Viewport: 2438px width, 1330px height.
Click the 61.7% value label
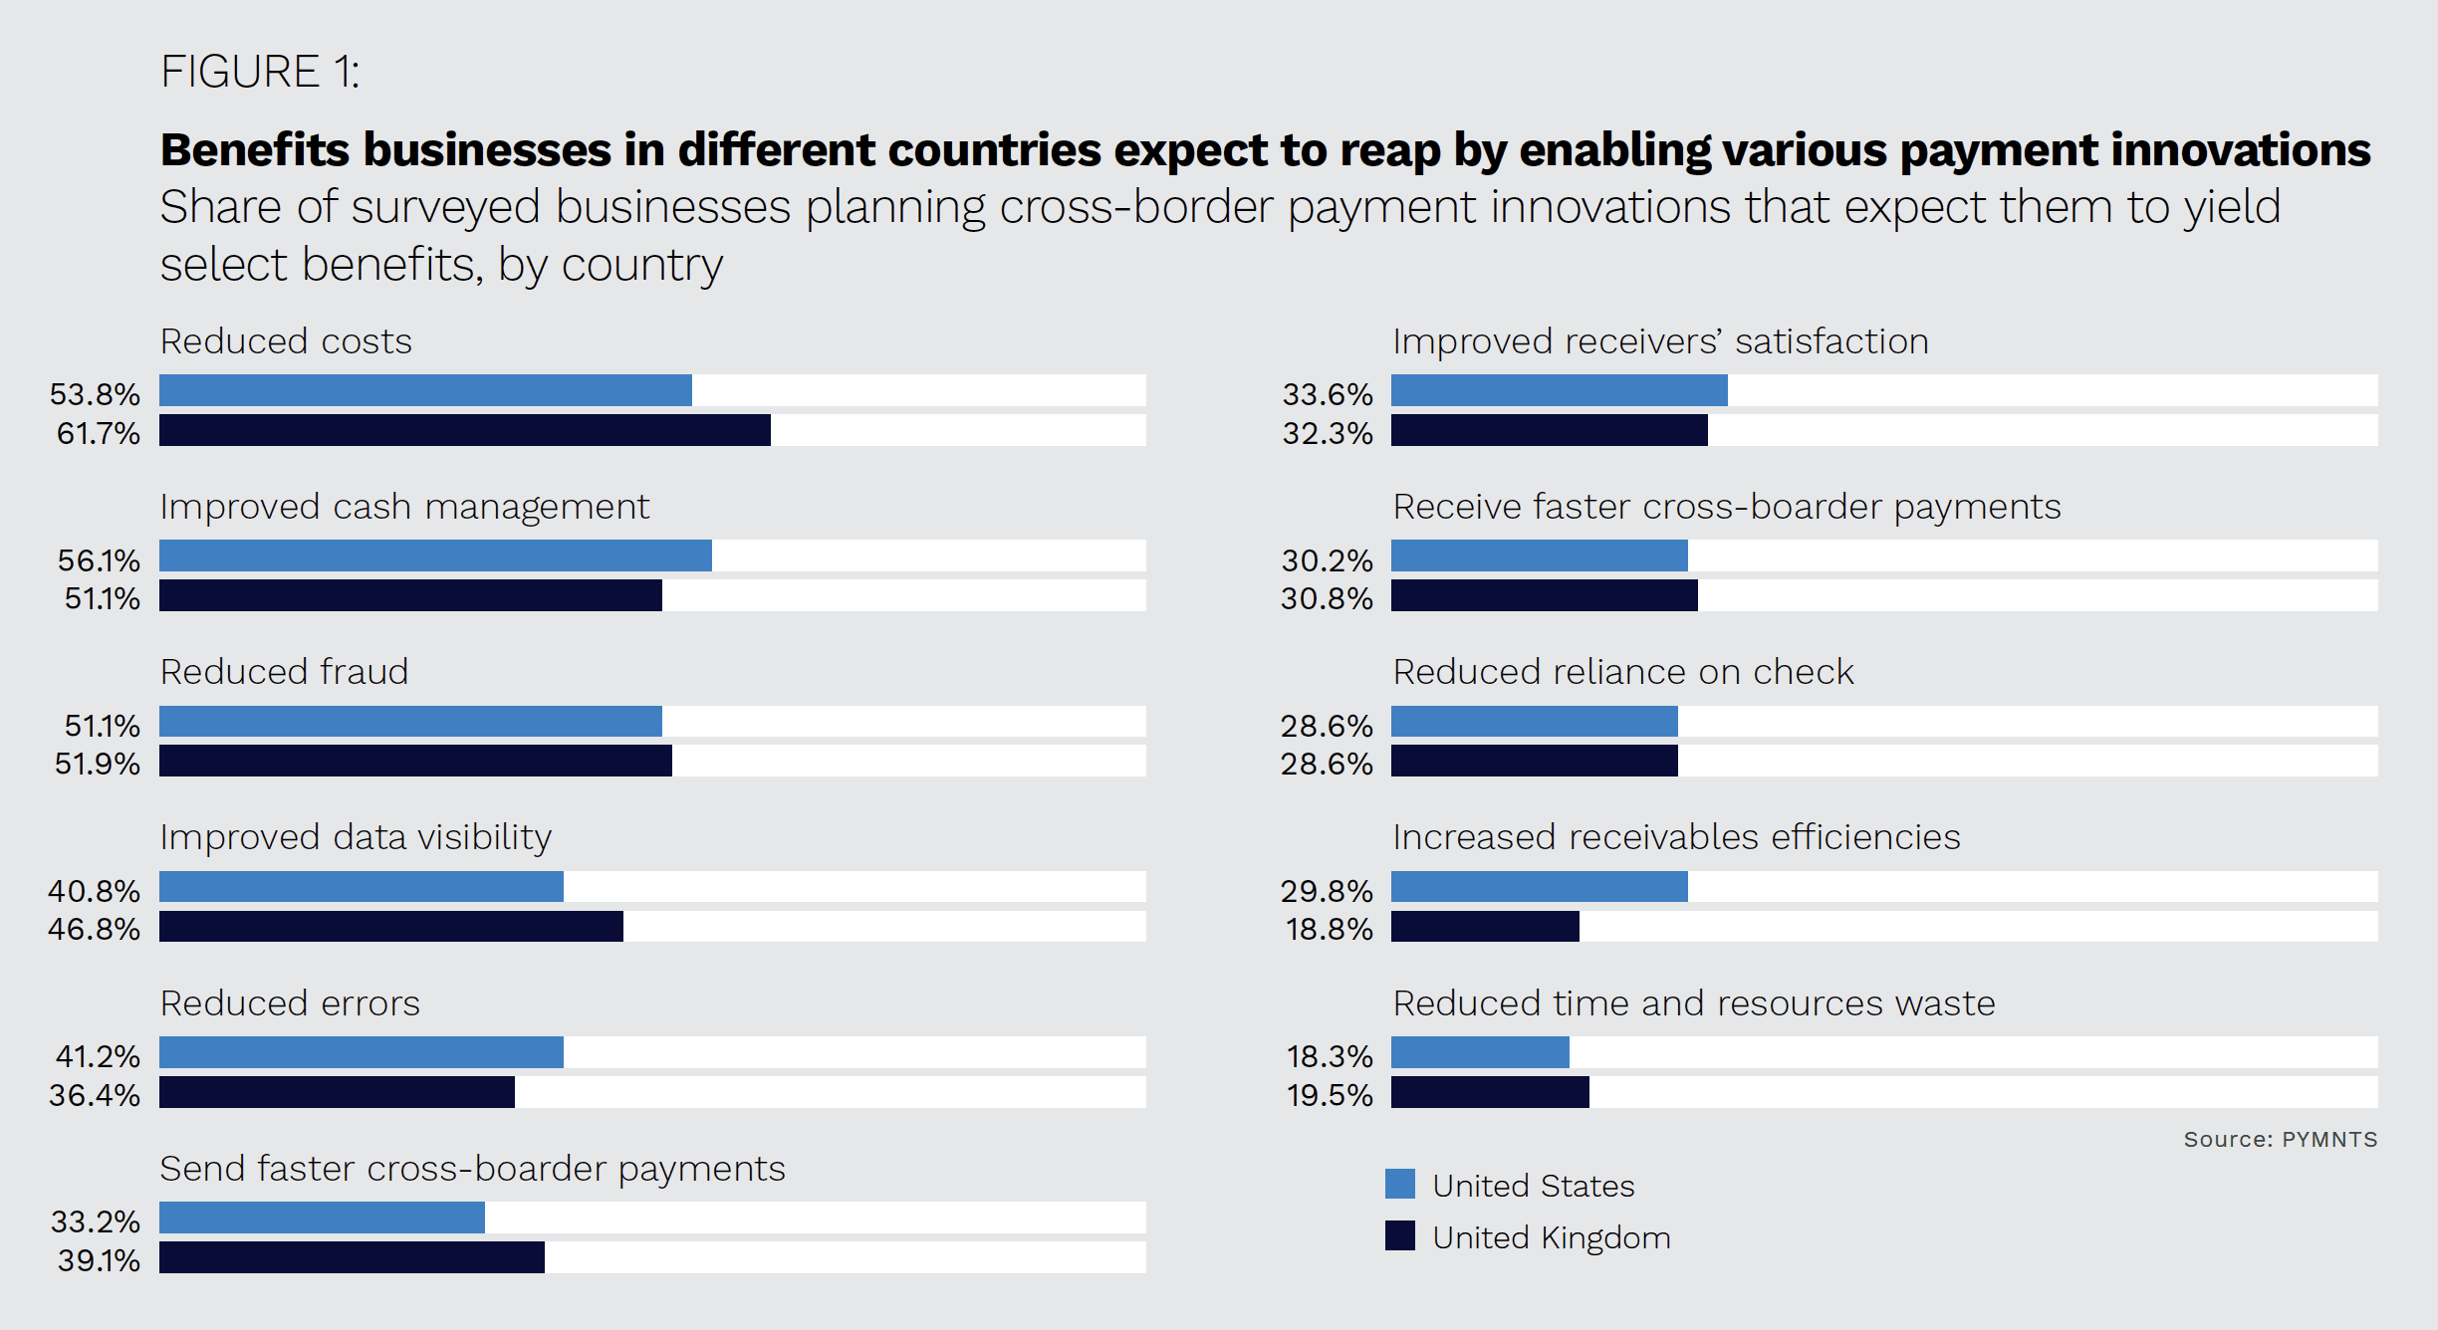(x=98, y=433)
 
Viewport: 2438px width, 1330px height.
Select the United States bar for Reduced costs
(x=425, y=390)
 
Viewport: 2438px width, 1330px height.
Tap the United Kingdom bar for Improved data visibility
(x=390, y=926)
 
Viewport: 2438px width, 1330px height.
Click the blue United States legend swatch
(x=1399, y=1184)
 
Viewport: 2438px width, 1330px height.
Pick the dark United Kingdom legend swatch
(x=1399, y=1235)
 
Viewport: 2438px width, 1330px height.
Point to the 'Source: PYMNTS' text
(x=2280, y=1139)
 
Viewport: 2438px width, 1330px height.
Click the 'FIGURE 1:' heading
(x=260, y=72)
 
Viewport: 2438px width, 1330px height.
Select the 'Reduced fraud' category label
(x=284, y=672)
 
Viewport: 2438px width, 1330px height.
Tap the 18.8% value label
(x=1329, y=929)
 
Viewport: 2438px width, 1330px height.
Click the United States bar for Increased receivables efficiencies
(x=1539, y=886)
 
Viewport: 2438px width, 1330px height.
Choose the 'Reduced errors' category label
(x=290, y=1003)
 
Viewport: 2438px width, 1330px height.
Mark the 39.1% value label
(x=99, y=1260)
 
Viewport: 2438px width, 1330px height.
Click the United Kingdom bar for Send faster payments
(x=352, y=1257)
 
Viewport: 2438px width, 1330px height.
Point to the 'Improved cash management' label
(x=404, y=507)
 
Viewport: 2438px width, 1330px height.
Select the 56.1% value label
(x=99, y=560)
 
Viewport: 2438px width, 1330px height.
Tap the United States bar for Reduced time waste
(x=1480, y=1052)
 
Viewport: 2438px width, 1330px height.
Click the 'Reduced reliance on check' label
(x=1622, y=672)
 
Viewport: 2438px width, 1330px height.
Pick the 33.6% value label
(x=1327, y=394)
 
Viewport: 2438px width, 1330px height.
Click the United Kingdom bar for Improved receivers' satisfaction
(x=1549, y=430)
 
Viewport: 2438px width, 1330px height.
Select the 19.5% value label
(x=1329, y=1095)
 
